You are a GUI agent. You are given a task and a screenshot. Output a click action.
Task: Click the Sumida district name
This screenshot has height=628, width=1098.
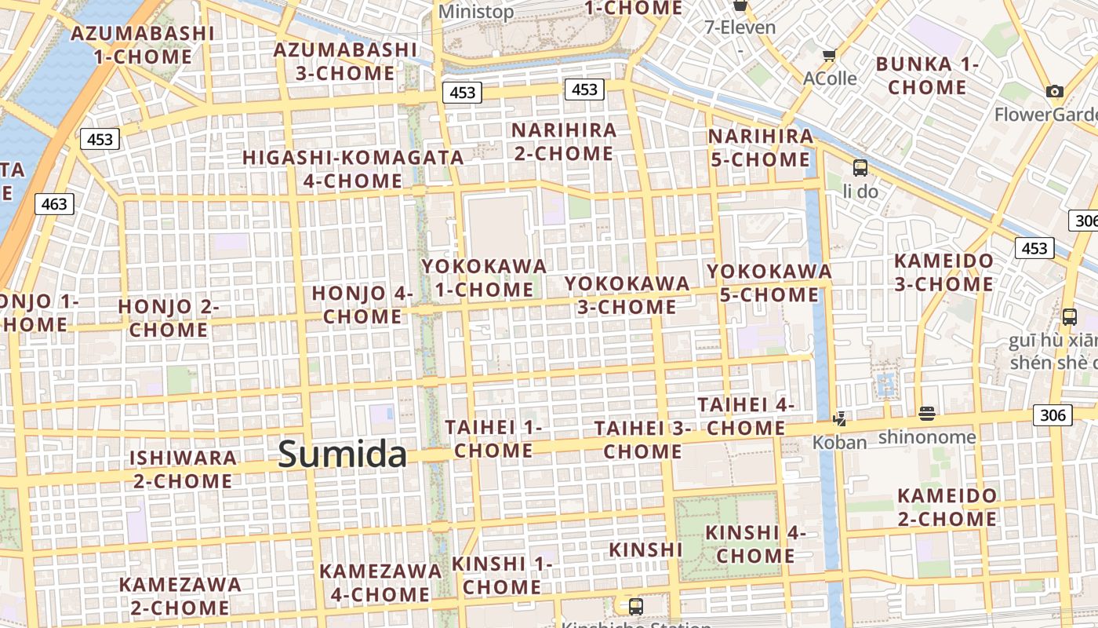tap(343, 454)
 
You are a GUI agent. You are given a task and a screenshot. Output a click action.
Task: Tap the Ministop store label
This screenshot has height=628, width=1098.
tap(476, 12)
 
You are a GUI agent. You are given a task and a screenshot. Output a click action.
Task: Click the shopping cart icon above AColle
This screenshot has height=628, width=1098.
tap(829, 56)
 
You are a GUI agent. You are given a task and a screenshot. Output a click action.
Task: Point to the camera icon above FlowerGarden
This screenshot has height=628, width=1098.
tap(1055, 92)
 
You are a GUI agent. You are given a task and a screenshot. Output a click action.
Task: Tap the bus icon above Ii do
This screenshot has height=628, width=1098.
tap(860, 167)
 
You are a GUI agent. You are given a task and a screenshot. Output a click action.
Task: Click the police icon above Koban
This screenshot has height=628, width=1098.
tap(840, 419)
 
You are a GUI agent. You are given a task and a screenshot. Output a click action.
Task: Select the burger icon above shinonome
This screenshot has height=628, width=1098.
tap(927, 414)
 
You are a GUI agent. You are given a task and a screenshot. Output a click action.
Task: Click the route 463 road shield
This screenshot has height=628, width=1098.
tap(54, 204)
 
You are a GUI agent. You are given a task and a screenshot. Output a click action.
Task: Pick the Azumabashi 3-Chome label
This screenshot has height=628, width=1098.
tap(345, 61)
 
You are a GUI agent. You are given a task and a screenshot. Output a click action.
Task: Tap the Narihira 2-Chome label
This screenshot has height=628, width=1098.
tap(564, 141)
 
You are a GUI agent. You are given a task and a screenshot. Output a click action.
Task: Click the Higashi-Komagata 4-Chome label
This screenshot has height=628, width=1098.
tap(353, 169)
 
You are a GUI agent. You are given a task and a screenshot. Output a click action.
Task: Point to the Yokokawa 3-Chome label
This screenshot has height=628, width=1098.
tap(627, 294)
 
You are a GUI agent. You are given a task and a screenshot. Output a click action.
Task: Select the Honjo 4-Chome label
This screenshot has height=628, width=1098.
tap(362, 305)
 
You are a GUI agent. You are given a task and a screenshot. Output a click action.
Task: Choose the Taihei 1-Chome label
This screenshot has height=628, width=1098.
tap(494, 439)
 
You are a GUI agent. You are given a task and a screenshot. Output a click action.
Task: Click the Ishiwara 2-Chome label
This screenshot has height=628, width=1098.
tap(183, 469)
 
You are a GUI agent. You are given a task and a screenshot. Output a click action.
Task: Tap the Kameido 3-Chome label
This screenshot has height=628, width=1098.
tap(944, 272)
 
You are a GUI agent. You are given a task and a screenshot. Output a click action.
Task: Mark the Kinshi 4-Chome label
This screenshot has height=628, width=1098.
tap(755, 544)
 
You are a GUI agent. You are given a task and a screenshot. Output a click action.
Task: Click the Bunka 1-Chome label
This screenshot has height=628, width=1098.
tap(927, 75)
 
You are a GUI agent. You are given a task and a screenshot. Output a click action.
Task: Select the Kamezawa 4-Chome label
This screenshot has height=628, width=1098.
tap(380, 582)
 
